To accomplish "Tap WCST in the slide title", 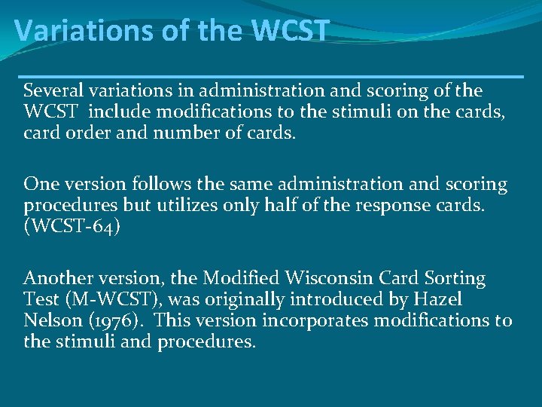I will (291, 30).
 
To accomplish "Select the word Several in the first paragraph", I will (52, 91).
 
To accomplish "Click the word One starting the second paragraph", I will (38, 185).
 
